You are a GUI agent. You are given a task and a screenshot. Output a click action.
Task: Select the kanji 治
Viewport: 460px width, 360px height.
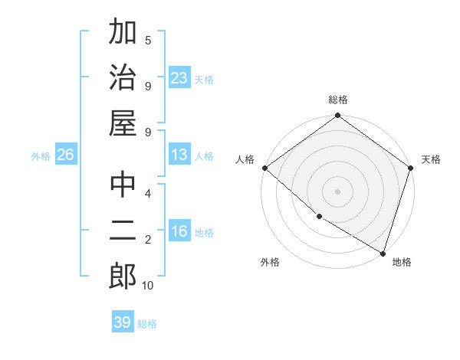[x=123, y=77]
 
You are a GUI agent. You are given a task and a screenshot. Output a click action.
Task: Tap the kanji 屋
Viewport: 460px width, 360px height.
[x=123, y=123]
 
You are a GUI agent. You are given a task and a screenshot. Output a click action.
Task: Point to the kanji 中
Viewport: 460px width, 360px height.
[x=123, y=186]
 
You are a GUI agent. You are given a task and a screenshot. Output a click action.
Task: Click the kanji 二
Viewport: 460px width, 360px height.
[x=123, y=231]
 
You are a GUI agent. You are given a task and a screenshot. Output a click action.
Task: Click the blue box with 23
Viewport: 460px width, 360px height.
[x=179, y=78]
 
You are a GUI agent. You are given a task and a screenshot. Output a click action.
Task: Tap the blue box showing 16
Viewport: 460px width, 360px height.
[x=179, y=232]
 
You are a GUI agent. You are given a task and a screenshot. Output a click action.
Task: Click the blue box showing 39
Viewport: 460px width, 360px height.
[x=123, y=322]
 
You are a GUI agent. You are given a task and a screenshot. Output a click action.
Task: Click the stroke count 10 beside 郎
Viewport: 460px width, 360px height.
[x=147, y=286]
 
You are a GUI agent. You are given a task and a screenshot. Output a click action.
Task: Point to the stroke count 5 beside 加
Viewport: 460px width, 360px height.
[x=148, y=40]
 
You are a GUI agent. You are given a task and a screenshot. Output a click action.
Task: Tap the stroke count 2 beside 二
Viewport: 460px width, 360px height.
[x=148, y=240]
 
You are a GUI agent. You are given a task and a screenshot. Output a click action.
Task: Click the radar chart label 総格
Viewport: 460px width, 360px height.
[x=338, y=100]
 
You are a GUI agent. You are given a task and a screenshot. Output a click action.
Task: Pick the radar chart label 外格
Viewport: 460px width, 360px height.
[x=270, y=262]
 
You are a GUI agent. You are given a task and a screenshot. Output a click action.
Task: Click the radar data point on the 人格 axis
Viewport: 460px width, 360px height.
[x=264, y=168]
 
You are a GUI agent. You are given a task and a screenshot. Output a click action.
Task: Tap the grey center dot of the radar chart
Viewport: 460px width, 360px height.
[x=338, y=191]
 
